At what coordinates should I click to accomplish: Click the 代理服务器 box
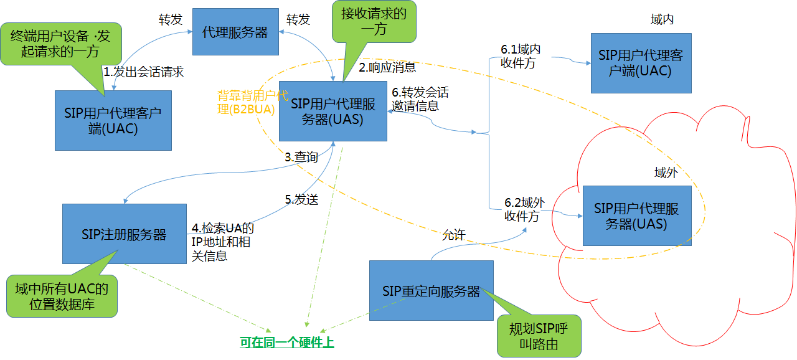(x=235, y=32)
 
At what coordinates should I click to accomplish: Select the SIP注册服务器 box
(x=125, y=234)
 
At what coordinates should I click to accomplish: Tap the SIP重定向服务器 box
(x=431, y=291)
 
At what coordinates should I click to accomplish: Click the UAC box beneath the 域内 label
(x=641, y=63)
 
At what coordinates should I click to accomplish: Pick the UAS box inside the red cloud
(x=637, y=216)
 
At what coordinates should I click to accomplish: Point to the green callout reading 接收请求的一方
(x=373, y=21)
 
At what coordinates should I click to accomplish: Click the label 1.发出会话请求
(x=144, y=72)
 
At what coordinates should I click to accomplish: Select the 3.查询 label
(x=301, y=158)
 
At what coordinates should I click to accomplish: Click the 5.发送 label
(x=301, y=199)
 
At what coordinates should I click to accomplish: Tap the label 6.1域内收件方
(x=518, y=55)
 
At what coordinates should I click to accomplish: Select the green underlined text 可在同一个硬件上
(x=287, y=342)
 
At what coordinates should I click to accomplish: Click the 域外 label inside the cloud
(x=665, y=173)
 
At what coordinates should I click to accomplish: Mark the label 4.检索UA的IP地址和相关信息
(x=222, y=242)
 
